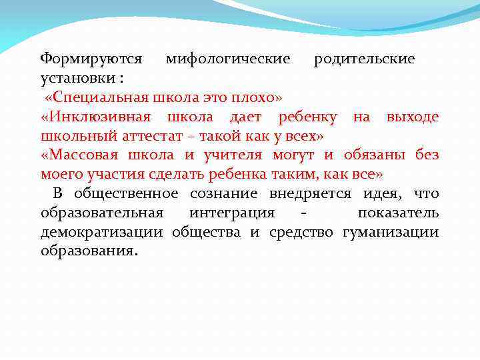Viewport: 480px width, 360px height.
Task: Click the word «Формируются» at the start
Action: (91, 59)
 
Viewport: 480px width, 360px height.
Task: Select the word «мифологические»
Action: (228, 59)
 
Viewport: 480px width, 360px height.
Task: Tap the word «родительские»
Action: (365, 59)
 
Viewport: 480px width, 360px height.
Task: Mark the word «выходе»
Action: (412, 117)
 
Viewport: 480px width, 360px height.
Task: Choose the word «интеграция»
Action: (231, 213)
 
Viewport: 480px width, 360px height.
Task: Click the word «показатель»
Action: (398, 213)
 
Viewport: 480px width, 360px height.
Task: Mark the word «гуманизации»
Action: (391, 233)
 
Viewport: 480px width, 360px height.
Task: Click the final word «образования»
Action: (88, 252)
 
